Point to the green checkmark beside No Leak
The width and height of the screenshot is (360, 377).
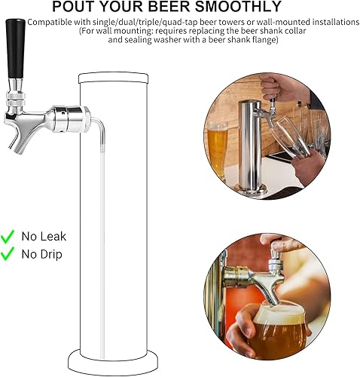pos(9,236)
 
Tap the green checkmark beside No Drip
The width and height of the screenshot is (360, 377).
pos(9,254)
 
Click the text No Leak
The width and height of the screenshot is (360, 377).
pos(44,236)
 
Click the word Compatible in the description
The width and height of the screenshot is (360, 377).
pos(53,23)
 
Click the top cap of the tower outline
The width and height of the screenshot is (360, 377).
pos(114,77)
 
